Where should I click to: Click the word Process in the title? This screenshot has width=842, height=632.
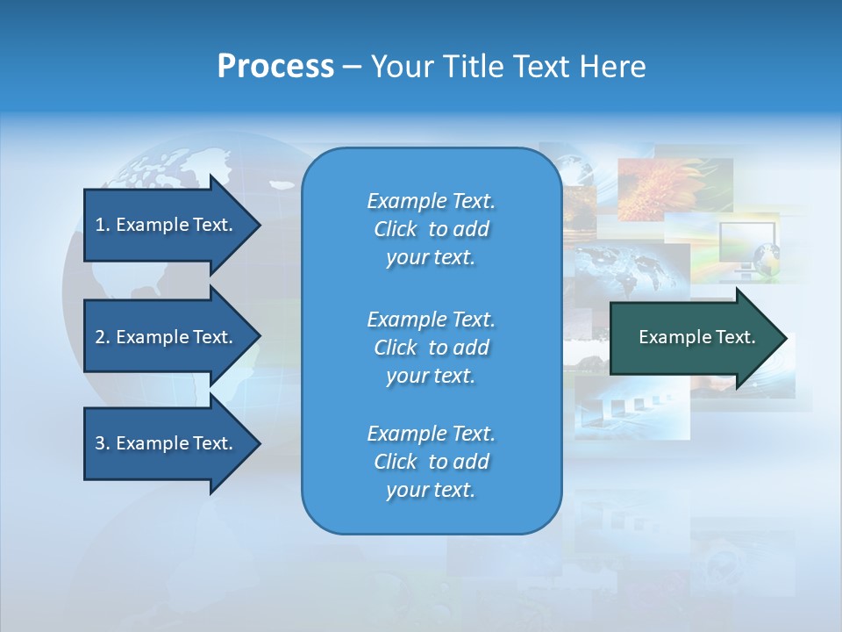275,67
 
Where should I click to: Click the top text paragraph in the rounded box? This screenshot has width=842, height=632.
431,229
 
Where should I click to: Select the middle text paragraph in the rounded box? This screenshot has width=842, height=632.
431,348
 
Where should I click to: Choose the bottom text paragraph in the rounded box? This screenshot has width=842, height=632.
431,462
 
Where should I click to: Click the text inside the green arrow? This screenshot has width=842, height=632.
696,337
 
